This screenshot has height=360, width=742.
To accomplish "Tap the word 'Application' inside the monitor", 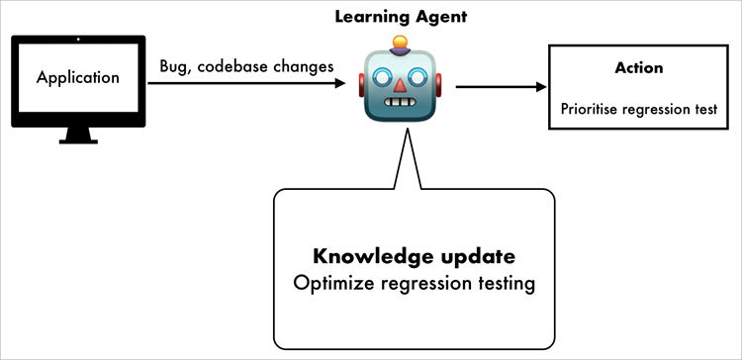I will click(x=78, y=77).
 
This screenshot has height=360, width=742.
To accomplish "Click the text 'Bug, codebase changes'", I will click(x=246, y=67).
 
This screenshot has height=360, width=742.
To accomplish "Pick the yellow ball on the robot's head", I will click(x=401, y=43).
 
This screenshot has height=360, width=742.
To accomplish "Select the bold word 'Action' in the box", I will click(x=638, y=68).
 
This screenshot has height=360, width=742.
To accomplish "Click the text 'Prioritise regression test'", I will click(x=638, y=108).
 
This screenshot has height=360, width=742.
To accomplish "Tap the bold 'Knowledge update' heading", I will click(x=414, y=257).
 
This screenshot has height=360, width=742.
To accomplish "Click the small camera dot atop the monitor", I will click(x=78, y=41).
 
